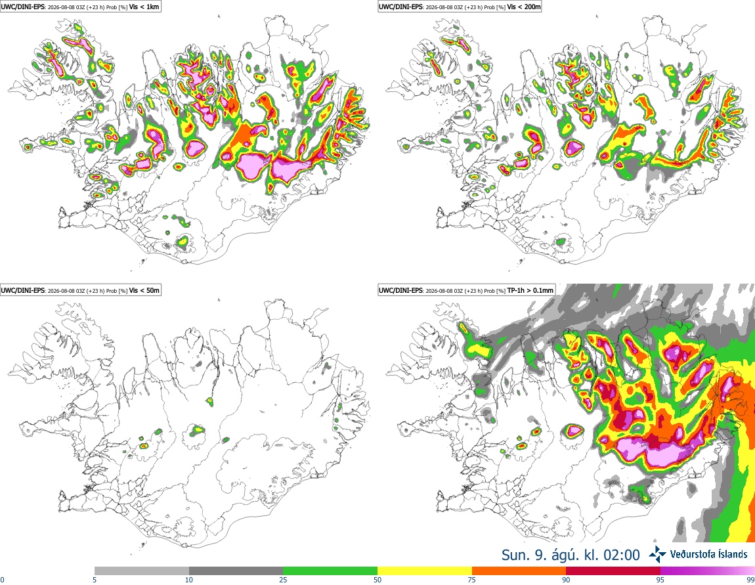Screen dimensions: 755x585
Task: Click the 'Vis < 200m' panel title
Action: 524,7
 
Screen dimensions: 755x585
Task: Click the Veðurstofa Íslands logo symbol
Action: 657,555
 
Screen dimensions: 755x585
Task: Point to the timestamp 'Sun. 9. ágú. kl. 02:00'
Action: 571,555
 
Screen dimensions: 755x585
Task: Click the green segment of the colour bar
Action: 330,571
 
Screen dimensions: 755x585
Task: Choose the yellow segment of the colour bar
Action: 425,571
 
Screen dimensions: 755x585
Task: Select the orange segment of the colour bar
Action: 519,571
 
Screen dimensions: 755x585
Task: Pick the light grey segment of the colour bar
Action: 142,571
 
